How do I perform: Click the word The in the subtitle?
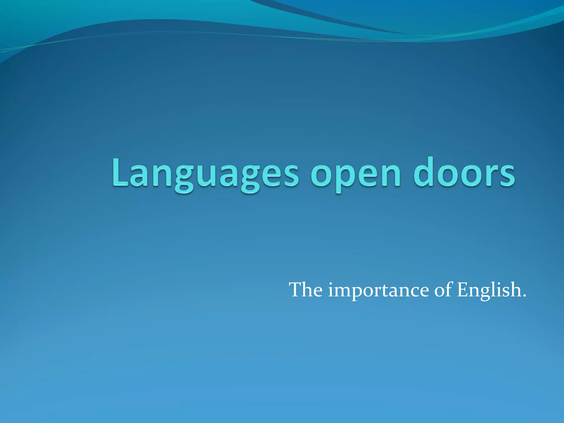(x=306, y=290)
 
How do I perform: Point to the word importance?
(x=379, y=291)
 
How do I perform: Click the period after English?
(x=524, y=296)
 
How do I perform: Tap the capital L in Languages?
(x=120, y=172)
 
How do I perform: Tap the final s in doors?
(x=507, y=175)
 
